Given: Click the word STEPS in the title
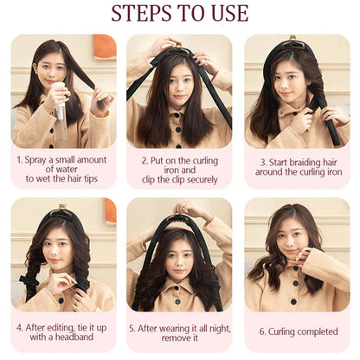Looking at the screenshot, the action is click(140, 13).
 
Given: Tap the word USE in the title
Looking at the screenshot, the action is click(230, 13).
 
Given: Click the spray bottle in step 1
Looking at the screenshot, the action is click(61, 111).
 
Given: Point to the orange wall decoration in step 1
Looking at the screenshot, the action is click(105, 46).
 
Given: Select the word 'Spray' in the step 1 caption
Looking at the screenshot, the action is click(36, 160).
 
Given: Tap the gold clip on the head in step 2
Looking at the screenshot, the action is click(179, 45).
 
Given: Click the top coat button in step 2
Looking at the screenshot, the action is click(177, 115).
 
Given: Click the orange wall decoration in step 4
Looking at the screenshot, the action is click(111, 210).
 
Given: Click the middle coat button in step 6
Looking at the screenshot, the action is click(295, 284).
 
